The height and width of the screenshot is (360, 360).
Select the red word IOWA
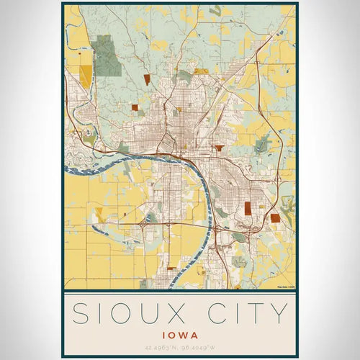[x=179, y=335]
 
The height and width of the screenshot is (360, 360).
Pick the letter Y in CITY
[x=279, y=315]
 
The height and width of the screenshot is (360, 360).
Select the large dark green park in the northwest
[x=107, y=55]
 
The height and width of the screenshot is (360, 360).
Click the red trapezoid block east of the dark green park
[x=147, y=78]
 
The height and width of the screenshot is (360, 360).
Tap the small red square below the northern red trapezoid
[x=135, y=107]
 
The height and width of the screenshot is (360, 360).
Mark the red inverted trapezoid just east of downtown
[x=218, y=148]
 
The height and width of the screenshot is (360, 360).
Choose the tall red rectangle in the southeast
[x=248, y=208]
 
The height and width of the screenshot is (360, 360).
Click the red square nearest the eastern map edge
[x=275, y=217]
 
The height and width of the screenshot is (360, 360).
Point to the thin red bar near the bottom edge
[x=171, y=268]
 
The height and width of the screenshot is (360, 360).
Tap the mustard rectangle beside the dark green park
[x=86, y=76]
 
